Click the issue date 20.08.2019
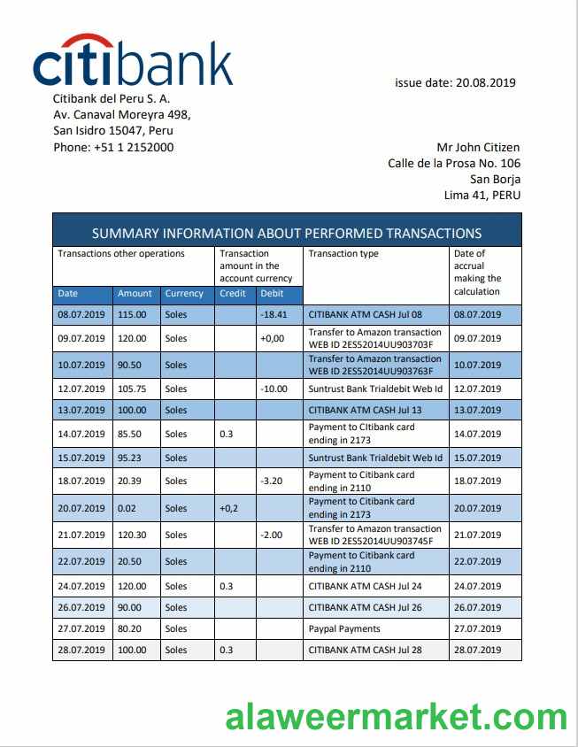(x=455, y=83)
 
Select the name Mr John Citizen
(x=478, y=147)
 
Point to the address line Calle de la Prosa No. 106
(x=454, y=163)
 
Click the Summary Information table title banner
(x=287, y=234)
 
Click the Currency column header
(x=184, y=293)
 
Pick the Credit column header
(x=233, y=293)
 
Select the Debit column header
(x=272, y=293)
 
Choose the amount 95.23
(x=129, y=458)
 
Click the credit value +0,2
(x=229, y=508)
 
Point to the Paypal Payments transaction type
(x=344, y=628)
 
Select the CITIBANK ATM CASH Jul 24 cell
(x=366, y=586)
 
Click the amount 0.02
(x=127, y=508)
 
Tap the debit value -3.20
(x=272, y=481)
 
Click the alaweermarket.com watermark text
(x=396, y=717)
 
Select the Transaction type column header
(x=343, y=254)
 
